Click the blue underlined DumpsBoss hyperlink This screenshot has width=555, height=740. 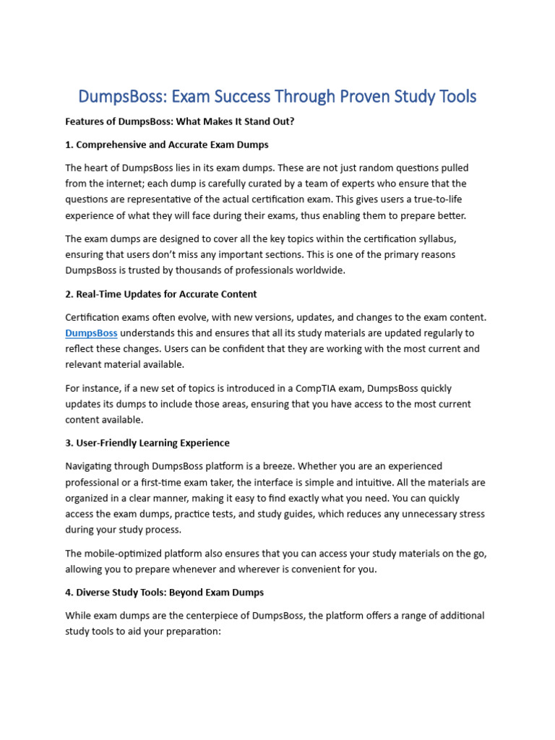tap(91, 333)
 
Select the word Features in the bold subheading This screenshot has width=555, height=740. tap(85, 121)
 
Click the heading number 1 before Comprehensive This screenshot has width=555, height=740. tap(68, 145)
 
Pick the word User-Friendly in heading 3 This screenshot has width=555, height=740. tap(108, 443)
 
